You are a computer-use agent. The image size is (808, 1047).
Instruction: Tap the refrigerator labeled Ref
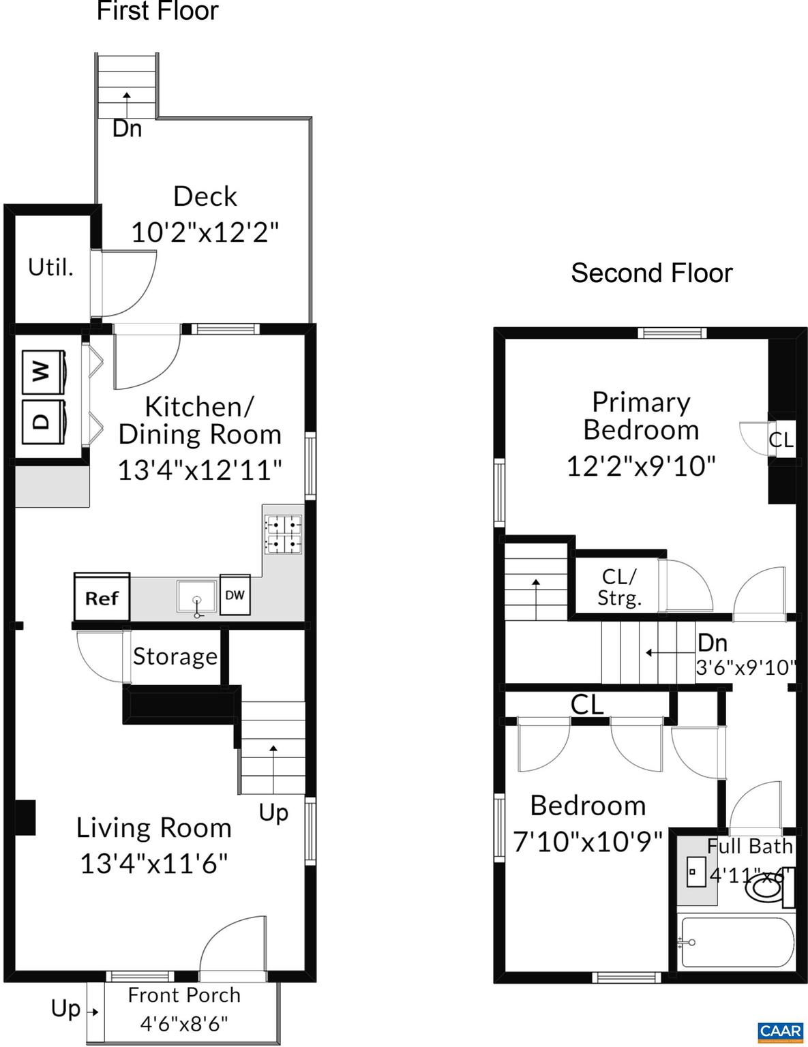102,597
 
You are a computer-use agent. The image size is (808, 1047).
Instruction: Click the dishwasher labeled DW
235,595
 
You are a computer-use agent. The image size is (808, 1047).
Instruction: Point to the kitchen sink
196,596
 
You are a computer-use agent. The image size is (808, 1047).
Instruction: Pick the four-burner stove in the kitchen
283,534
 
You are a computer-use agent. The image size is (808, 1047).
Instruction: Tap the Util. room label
50,267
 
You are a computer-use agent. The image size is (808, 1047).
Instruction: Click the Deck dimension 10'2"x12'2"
205,232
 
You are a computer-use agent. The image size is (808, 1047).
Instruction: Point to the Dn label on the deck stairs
127,128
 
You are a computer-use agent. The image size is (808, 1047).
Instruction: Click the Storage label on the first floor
175,656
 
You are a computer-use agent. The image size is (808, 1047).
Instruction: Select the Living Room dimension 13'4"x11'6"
154,864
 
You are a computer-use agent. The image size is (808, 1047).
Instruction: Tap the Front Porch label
184,995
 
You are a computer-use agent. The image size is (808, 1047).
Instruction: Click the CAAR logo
781,1031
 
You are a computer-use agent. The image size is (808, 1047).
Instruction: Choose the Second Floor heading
651,273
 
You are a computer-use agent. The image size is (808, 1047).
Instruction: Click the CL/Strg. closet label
619,587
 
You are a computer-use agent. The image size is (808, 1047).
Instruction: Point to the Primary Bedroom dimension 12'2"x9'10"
641,466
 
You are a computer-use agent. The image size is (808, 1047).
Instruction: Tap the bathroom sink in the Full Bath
696,871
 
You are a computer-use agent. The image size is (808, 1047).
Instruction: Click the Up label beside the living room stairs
273,813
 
